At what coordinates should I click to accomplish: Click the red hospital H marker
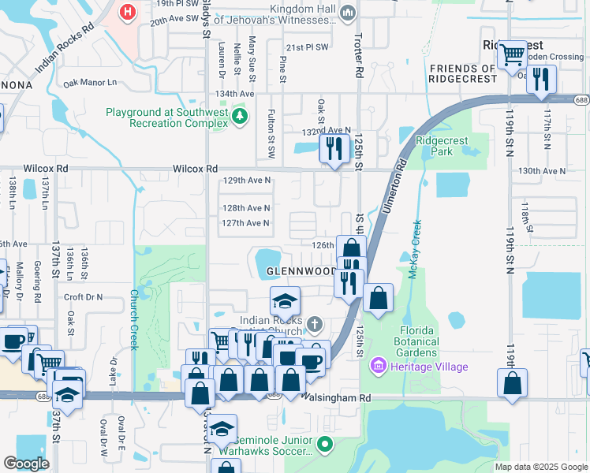127,12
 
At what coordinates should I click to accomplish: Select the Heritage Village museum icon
379,367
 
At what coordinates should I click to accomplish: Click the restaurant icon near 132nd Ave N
334,147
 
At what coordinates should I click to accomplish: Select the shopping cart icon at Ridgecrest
512,54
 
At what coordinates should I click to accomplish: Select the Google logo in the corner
26,464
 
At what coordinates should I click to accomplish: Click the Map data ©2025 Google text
540,467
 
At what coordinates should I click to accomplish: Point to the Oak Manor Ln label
89,82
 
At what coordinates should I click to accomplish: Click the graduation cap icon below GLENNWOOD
285,300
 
